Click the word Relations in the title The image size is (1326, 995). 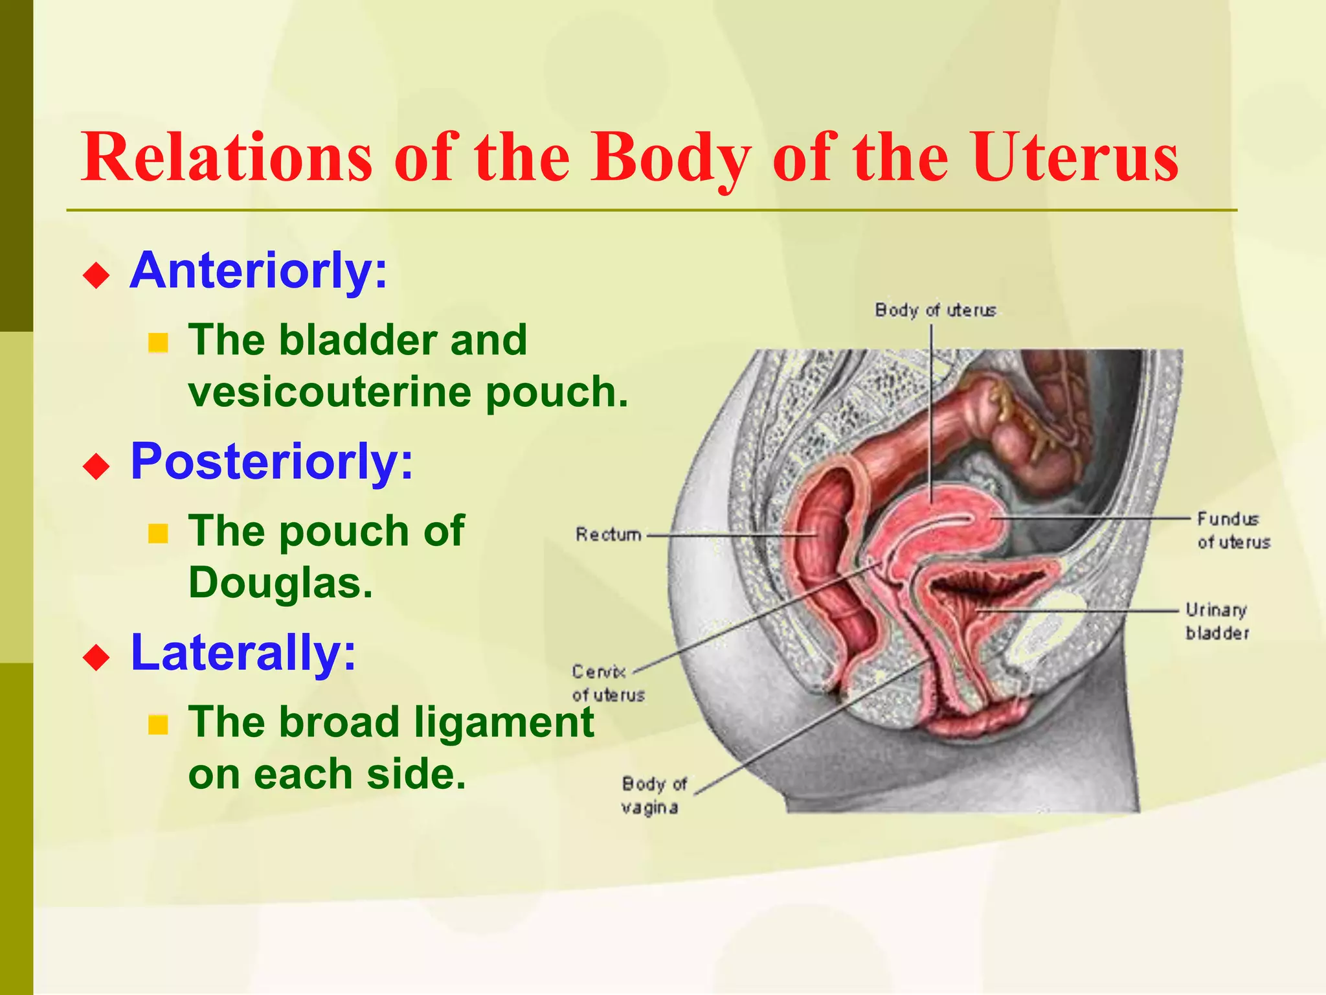[x=227, y=157]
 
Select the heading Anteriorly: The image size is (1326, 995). [x=258, y=271]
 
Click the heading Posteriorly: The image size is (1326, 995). [x=271, y=461]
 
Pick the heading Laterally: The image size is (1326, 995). [x=243, y=652]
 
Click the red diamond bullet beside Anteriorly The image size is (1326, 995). [x=96, y=275]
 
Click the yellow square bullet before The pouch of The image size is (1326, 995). [x=157, y=534]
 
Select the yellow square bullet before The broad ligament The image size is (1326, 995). [x=157, y=725]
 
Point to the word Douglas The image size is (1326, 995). [x=280, y=583]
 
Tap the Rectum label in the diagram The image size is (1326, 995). [x=608, y=534]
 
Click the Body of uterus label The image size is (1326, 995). [x=935, y=310]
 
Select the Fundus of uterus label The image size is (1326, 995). [x=1233, y=530]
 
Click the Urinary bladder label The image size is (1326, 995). [x=1217, y=621]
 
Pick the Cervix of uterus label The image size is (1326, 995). [x=607, y=683]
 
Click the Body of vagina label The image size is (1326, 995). [x=653, y=795]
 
